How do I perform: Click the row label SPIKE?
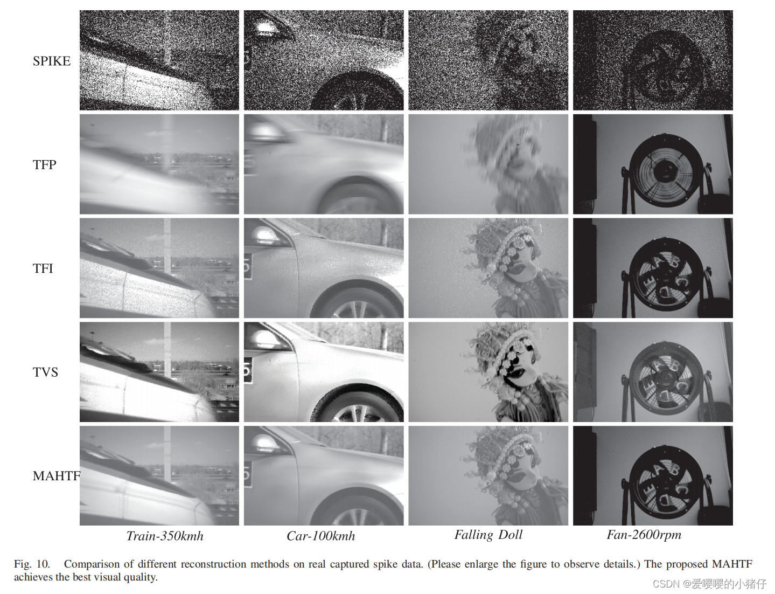click(x=52, y=61)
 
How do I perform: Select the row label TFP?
click(x=45, y=164)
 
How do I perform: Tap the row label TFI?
click(x=43, y=268)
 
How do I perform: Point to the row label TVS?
click(x=45, y=372)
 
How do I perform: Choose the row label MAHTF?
click(x=57, y=476)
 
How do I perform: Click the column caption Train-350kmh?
click(x=165, y=536)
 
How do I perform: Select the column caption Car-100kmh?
click(x=321, y=536)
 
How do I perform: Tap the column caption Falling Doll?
click(x=488, y=535)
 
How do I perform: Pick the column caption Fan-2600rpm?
click(x=644, y=535)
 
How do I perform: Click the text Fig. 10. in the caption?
click(x=32, y=564)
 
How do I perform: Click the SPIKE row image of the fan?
click(x=653, y=60)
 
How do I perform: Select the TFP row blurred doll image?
click(x=488, y=164)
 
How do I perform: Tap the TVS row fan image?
click(x=653, y=372)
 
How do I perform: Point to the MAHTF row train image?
click(x=159, y=475)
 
